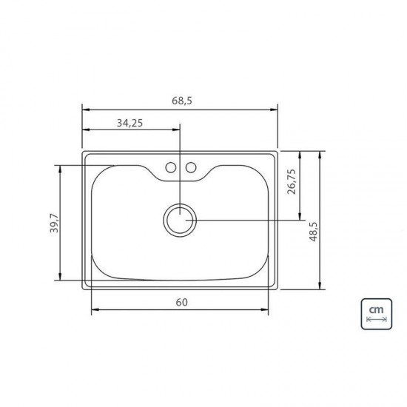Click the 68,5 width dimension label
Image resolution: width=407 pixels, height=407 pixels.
tap(180, 100)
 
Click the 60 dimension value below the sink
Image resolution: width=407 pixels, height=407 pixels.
tap(182, 302)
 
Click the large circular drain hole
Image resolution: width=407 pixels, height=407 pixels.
tap(180, 220)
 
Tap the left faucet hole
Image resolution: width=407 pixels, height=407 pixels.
tap(170, 168)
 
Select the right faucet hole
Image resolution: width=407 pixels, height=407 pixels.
tap(190, 168)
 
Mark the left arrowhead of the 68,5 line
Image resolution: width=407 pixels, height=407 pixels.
tap(84, 110)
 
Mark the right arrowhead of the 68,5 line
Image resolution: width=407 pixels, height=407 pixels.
tap(275, 110)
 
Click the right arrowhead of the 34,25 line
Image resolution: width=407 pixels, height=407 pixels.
tap(178, 129)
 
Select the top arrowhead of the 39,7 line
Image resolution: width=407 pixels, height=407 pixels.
tap(58, 167)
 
